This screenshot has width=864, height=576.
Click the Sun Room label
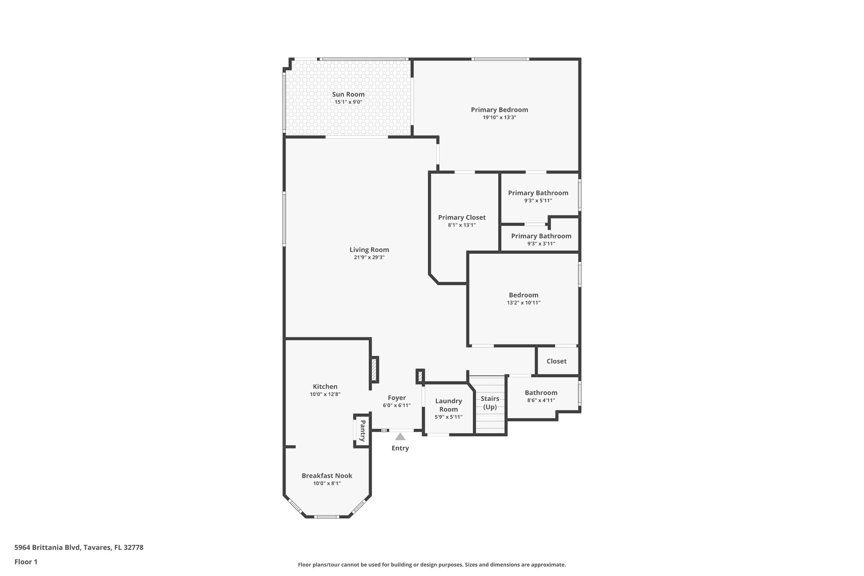tap(348, 95)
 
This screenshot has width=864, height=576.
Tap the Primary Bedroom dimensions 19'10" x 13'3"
tap(499, 118)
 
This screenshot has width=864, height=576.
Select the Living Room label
tap(369, 250)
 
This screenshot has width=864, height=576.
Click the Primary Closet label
tap(462, 218)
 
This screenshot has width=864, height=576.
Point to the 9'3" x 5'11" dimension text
tap(538, 201)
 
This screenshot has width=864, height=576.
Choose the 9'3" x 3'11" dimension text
tap(541, 244)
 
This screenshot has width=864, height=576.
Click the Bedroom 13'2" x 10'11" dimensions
tap(524, 303)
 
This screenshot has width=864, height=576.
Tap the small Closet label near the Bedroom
tap(556, 361)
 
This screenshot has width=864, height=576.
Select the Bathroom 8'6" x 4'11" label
tap(541, 393)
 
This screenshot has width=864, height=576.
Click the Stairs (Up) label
tap(490, 403)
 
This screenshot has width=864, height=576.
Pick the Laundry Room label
tap(448, 405)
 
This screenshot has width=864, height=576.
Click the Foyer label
tap(397, 398)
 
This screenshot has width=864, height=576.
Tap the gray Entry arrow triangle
tap(400, 437)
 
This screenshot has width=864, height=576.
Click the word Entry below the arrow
tap(400, 448)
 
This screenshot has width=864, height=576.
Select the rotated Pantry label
tap(362, 431)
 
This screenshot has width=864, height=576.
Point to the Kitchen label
tap(325, 387)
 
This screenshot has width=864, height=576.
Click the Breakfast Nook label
tap(327, 476)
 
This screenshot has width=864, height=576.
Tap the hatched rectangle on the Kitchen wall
tap(374, 370)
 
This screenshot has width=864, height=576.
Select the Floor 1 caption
tap(26, 562)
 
